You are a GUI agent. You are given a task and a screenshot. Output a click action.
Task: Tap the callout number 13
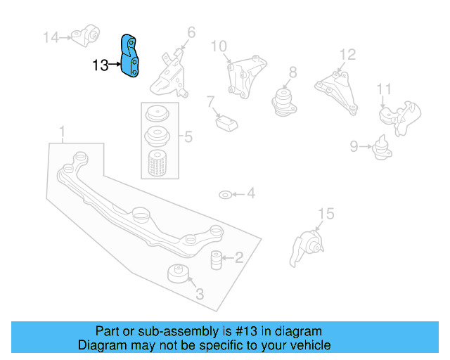pyautogui.click(x=101, y=66)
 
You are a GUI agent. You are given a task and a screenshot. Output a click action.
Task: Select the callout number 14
pyautogui.click(x=52, y=37)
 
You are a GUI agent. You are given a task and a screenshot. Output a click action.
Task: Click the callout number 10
pyautogui.click(x=219, y=46)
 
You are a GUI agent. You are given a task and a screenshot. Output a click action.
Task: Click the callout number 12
pyautogui.click(x=348, y=55)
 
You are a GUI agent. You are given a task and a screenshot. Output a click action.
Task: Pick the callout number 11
pyautogui.click(x=383, y=89)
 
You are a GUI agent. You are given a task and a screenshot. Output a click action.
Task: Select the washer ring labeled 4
pyautogui.click(x=224, y=194)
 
